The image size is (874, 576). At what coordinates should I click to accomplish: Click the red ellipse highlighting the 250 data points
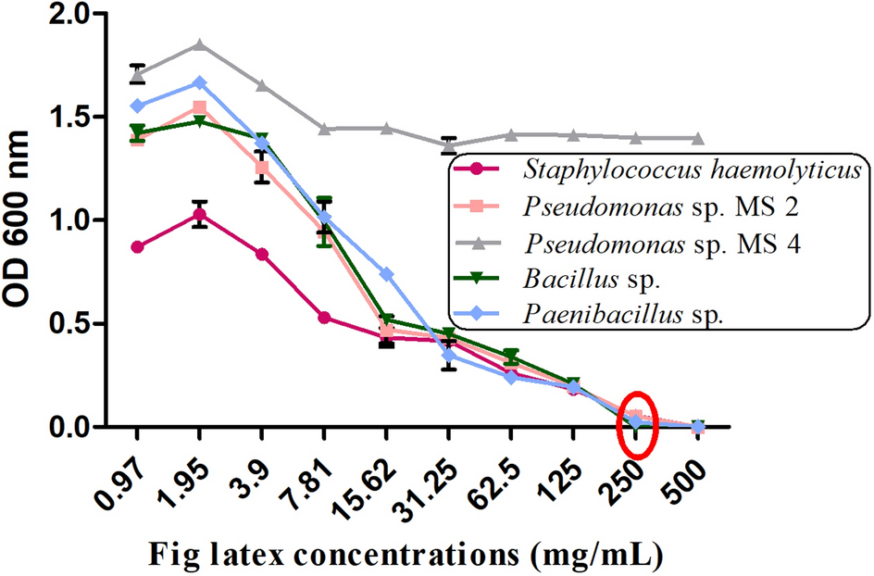tap(637, 422)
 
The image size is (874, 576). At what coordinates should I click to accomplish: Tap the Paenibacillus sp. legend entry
tap(621, 313)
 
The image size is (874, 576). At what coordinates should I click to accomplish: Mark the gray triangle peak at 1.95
tap(199, 44)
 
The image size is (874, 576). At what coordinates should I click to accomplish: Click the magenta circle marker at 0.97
tap(137, 247)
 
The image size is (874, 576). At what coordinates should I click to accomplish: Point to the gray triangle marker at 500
tap(698, 138)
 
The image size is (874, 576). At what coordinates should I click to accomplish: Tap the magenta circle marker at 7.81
tap(324, 318)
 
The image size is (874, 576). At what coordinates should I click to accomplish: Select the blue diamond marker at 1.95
tap(199, 82)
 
